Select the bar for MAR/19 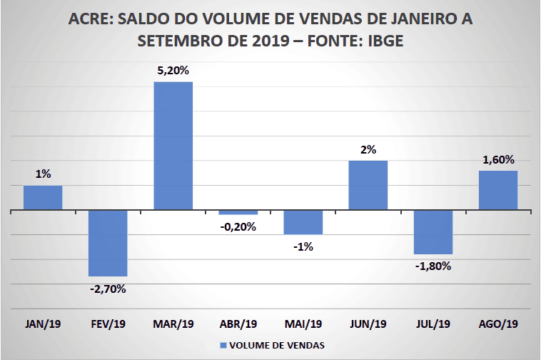173,146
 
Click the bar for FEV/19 108,244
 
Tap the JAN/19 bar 43,198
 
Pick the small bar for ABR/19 238,213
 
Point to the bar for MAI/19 303,223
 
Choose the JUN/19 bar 368,186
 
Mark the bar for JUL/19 433,233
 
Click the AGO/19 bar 498,191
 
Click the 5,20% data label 173,71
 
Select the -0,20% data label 238,227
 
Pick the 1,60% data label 498,160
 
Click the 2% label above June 368,149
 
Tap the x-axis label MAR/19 173,324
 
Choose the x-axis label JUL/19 433,324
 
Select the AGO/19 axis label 498,324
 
